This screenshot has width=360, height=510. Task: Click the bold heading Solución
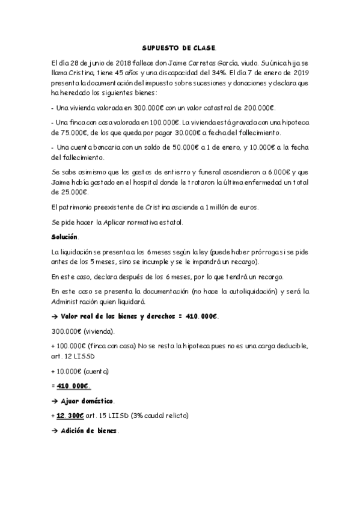[65, 236]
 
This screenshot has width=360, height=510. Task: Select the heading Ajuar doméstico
[88, 401]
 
